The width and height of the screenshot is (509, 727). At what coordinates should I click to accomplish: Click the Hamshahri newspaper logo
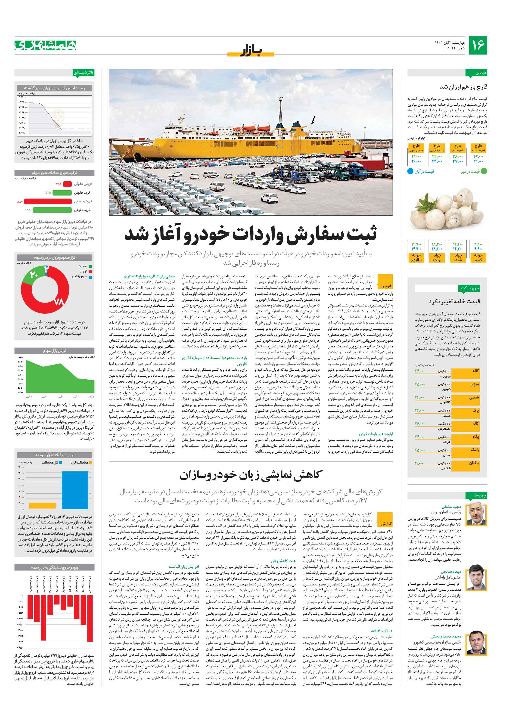click(x=46, y=45)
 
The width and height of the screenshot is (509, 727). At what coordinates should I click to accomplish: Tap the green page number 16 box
click(x=477, y=45)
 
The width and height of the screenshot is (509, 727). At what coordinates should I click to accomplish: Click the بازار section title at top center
click(x=251, y=51)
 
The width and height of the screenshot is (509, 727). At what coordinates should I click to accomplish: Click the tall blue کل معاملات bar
click(x=75, y=489)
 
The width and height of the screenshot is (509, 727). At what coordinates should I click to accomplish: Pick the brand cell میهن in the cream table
click(x=475, y=384)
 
